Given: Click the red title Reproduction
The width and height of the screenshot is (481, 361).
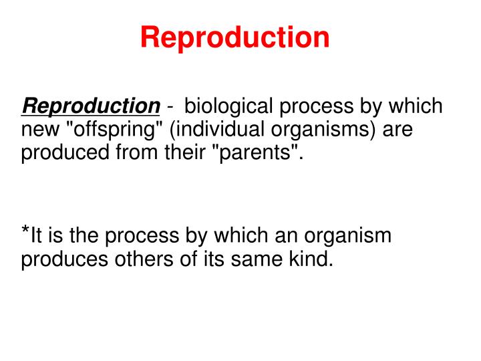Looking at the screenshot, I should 234,37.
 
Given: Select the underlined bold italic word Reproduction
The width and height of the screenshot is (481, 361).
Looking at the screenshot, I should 90,106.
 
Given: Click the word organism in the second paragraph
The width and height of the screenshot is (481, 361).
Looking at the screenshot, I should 348,236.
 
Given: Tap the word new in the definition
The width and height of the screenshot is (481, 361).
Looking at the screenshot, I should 37,130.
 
